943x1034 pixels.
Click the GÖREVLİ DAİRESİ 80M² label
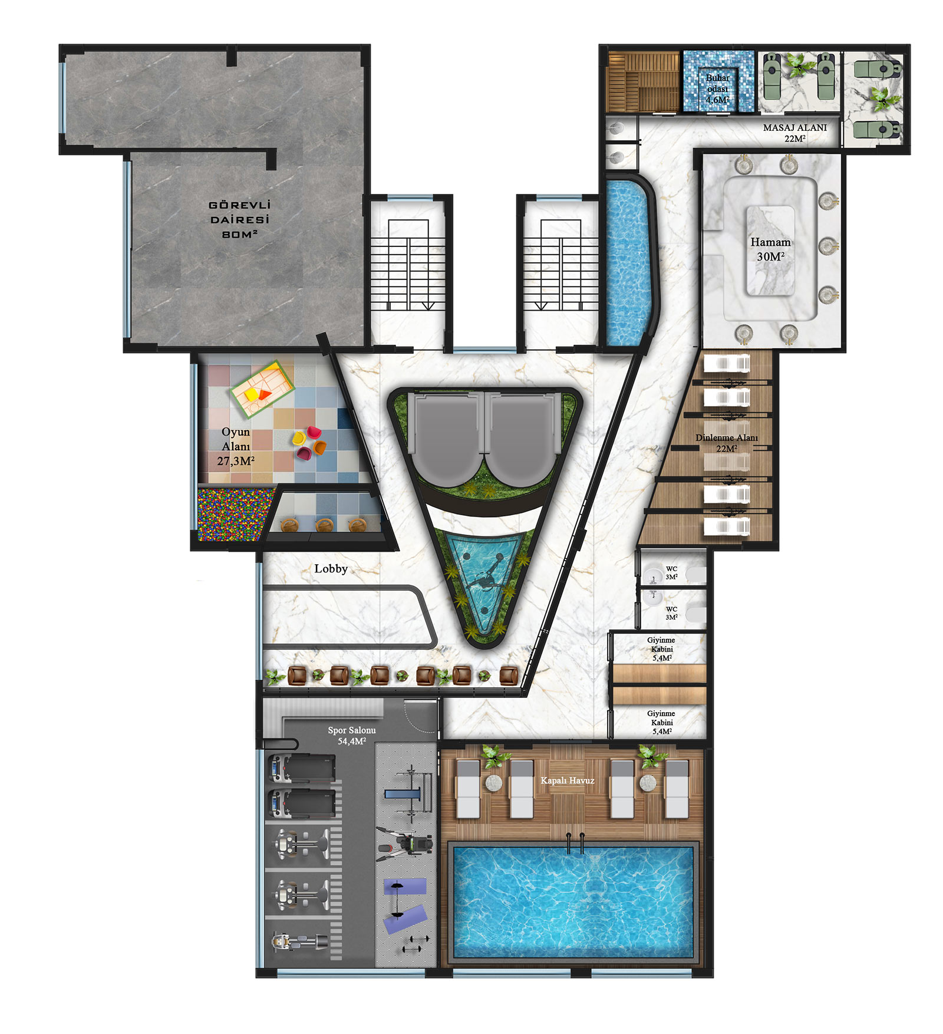(239, 219)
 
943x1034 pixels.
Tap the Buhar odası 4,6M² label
(717, 89)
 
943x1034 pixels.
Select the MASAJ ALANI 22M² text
(794, 133)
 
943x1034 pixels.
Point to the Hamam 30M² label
(770, 249)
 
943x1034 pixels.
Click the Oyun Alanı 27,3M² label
(236, 446)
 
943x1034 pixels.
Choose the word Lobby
(331, 568)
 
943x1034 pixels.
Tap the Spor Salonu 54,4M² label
(352, 735)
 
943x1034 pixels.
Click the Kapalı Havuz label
(568, 781)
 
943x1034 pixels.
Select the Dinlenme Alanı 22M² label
(726, 443)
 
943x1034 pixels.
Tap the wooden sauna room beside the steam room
(644, 81)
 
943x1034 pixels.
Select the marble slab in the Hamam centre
(770, 251)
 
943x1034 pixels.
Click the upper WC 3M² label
(671, 572)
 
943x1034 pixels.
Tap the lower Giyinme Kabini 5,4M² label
(661, 722)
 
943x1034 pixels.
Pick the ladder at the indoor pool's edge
(575, 844)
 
